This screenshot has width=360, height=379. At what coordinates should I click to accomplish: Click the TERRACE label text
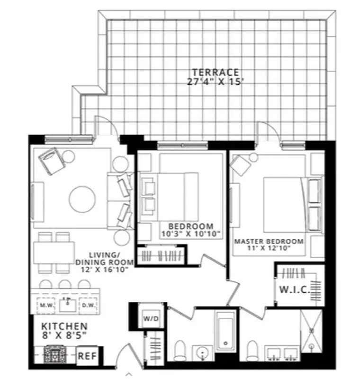pos(215,72)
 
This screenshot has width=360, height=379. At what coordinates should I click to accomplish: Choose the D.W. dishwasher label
pos(88,305)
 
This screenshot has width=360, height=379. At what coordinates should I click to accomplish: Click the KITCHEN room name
pos(64,326)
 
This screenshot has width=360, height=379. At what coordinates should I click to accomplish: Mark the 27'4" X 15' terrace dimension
pos(215,82)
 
